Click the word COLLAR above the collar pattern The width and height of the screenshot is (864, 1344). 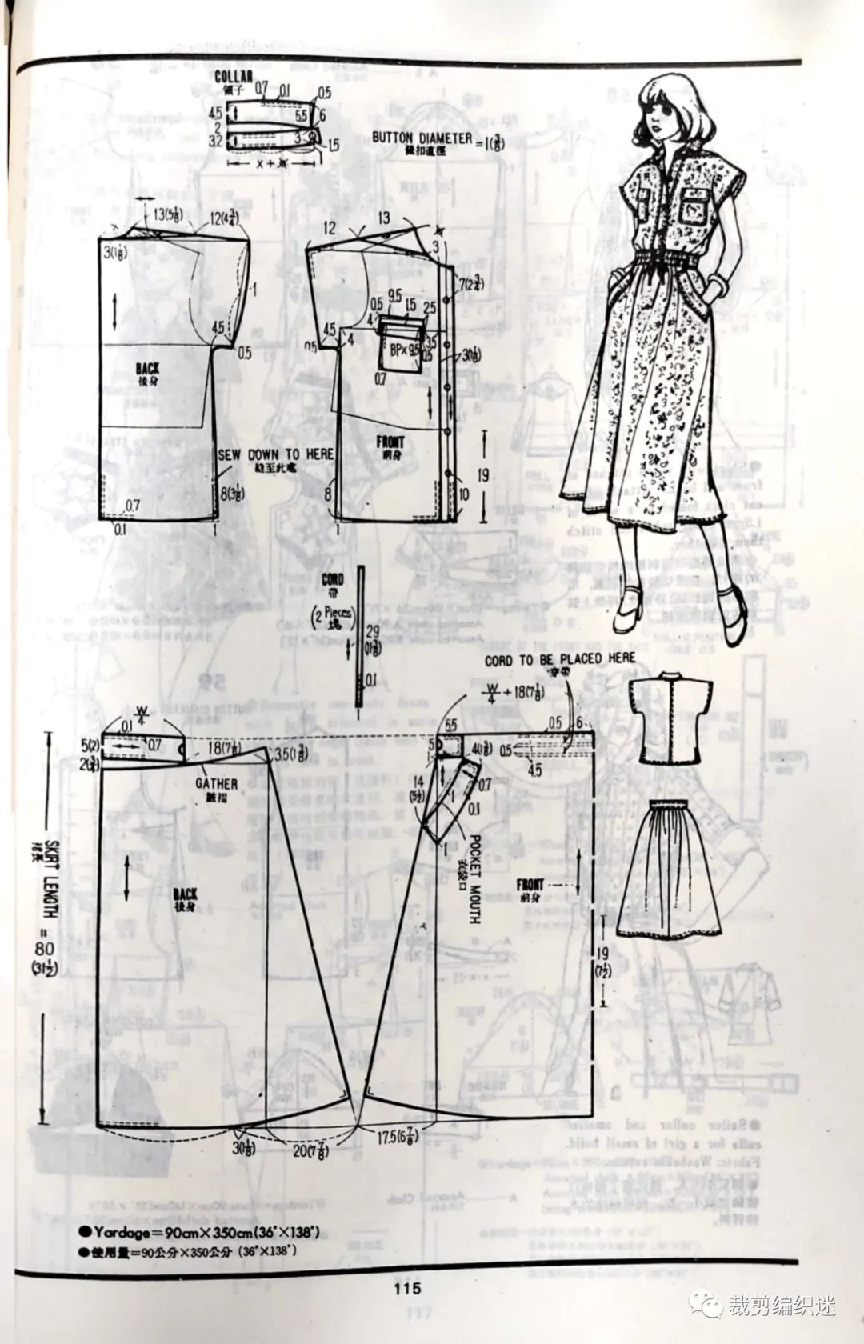point(233,77)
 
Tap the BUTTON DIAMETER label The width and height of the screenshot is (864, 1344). point(422,137)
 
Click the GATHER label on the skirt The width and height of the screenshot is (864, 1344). point(217,783)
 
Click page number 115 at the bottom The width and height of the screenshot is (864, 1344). point(406,1289)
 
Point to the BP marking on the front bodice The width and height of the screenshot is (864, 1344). point(398,350)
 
